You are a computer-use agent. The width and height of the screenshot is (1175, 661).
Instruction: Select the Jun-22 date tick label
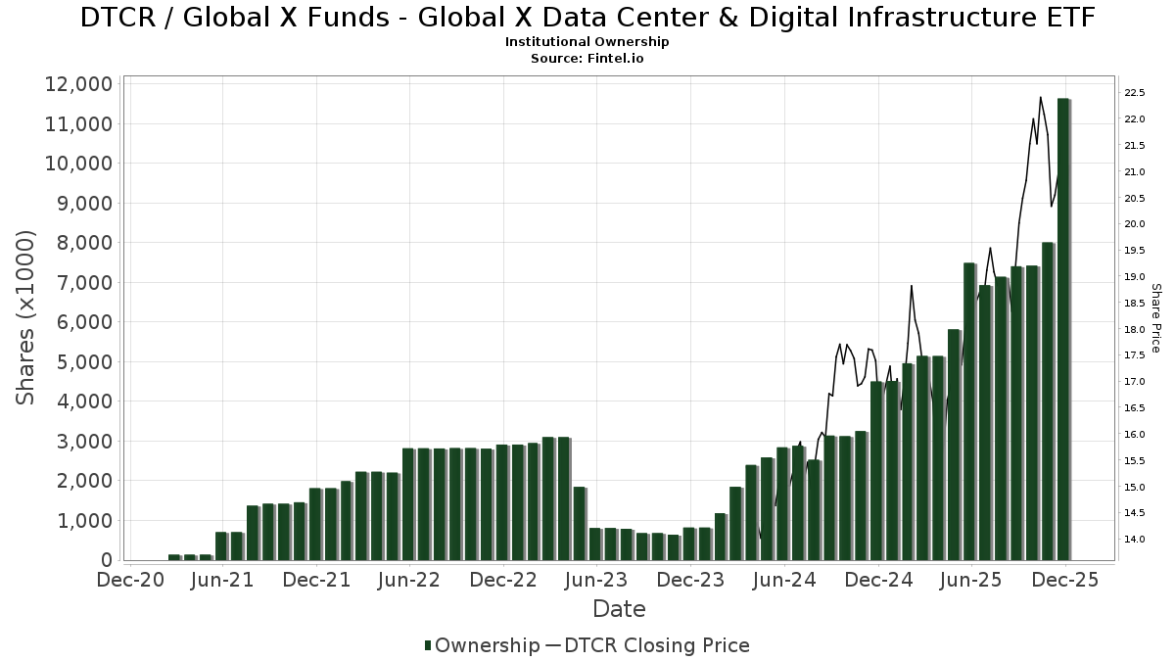pos(410,580)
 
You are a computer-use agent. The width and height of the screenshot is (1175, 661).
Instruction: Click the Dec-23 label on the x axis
pos(691,580)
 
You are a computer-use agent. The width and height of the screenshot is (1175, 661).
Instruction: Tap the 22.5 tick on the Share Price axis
pos(1135,94)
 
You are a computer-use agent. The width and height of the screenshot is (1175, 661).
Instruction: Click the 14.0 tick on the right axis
pos(1135,540)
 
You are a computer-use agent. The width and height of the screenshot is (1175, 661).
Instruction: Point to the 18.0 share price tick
pos(1135,330)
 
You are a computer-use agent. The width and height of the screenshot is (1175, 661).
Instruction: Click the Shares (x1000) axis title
pos(25,317)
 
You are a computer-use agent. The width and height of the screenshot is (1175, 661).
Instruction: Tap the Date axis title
pos(619,609)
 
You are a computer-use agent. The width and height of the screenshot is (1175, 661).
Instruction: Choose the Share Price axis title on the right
pos(1155,317)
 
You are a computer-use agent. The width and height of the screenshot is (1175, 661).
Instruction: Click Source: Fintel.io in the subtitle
pos(587,59)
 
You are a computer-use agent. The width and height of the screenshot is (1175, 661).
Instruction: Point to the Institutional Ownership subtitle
pos(587,42)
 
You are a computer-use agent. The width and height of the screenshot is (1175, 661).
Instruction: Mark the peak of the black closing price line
pos(1040,97)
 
